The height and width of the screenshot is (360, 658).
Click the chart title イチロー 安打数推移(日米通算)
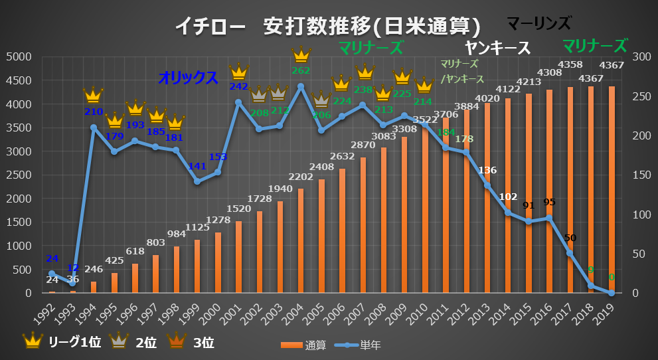(328, 27)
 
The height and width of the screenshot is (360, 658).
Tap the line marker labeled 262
(301, 86)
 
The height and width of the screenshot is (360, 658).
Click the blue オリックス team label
(188, 78)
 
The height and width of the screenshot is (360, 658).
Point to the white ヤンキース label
(498, 48)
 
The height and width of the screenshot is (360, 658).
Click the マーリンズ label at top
(538, 24)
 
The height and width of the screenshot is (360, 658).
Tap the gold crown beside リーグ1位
(32, 341)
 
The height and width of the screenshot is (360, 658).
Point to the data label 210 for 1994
(94, 112)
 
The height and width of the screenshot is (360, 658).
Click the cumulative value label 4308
(549, 73)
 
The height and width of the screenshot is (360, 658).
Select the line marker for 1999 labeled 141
(197, 181)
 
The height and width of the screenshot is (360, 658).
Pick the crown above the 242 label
(238, 71)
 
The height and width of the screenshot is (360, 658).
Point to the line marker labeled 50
(570, 253)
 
